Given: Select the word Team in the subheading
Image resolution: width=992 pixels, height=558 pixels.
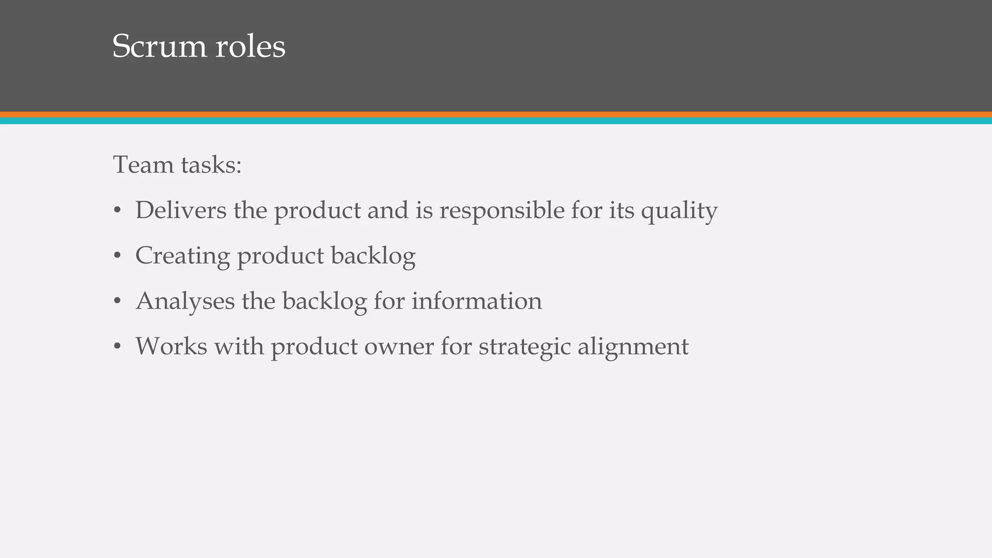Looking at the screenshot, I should click(143, 165).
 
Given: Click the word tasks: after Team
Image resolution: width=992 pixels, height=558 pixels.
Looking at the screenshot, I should click(211, 165).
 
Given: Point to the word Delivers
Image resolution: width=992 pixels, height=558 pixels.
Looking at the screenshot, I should click(181, 210).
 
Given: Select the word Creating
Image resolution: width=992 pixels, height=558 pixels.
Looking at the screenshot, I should click(182, 256).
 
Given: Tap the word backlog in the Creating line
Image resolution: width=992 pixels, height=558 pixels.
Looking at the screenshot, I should click(373, 256).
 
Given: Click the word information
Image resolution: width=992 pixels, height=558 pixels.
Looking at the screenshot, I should click(477, 301).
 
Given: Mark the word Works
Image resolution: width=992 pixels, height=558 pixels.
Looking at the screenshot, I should click(171, 346).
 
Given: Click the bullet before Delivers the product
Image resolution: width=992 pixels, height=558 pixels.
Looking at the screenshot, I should click(117, 211).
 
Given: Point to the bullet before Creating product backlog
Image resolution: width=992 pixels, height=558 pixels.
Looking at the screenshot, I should click(117, 256).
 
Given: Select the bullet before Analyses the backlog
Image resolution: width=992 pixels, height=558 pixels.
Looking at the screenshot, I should click(117, 301).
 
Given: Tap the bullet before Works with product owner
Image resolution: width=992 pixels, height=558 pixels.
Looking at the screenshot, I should click(117, 347).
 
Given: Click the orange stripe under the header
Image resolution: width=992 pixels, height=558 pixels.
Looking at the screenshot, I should click(496, 115).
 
